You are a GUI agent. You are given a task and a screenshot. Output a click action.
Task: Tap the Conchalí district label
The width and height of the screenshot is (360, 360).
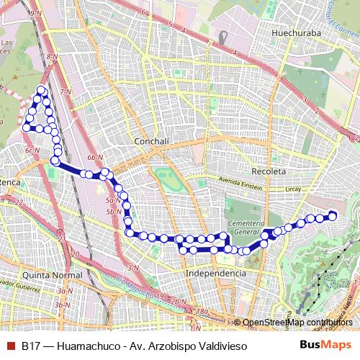coord(151,142)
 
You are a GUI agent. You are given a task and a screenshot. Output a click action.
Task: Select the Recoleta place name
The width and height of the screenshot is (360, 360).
coord(269,171)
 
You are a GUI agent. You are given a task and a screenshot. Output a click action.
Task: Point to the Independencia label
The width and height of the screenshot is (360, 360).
coord(215,274)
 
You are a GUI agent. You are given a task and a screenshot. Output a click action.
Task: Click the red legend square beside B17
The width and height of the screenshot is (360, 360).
coord(9,346)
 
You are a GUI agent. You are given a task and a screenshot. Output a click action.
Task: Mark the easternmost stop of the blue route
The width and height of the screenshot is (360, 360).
coord(333,214)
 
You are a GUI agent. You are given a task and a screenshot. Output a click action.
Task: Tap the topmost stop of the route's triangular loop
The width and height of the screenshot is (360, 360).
coord(42,90)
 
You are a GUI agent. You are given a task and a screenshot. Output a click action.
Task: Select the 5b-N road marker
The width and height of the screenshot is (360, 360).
coord(113,212)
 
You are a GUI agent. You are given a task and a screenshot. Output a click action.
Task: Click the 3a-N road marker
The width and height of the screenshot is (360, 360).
coord(65,290)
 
